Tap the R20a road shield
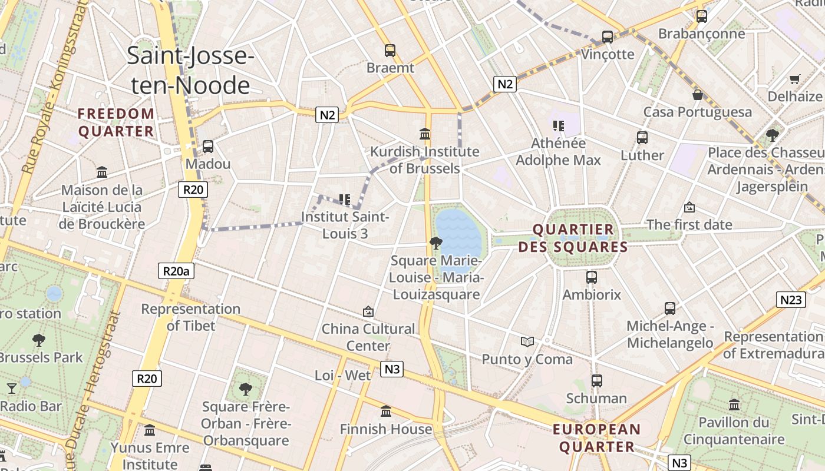(176, 271)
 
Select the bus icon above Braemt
(390, 51)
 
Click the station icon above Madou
(207, 146)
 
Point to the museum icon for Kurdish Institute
(424, 134)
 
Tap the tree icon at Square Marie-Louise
(435, 243)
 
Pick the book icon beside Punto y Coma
(527, 341)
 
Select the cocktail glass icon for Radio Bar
(11, 388)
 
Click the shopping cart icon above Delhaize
(794, 78)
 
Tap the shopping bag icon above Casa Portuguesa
(698, 94)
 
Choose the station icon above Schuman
(596, 381)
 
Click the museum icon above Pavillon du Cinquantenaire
(734, 405)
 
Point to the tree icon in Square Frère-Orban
(245, 389)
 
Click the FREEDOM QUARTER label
(116, 122)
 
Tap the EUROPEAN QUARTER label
(596, 438)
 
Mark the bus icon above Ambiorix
(591, 277)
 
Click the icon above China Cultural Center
(368, 311)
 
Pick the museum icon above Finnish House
(386, 412)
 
